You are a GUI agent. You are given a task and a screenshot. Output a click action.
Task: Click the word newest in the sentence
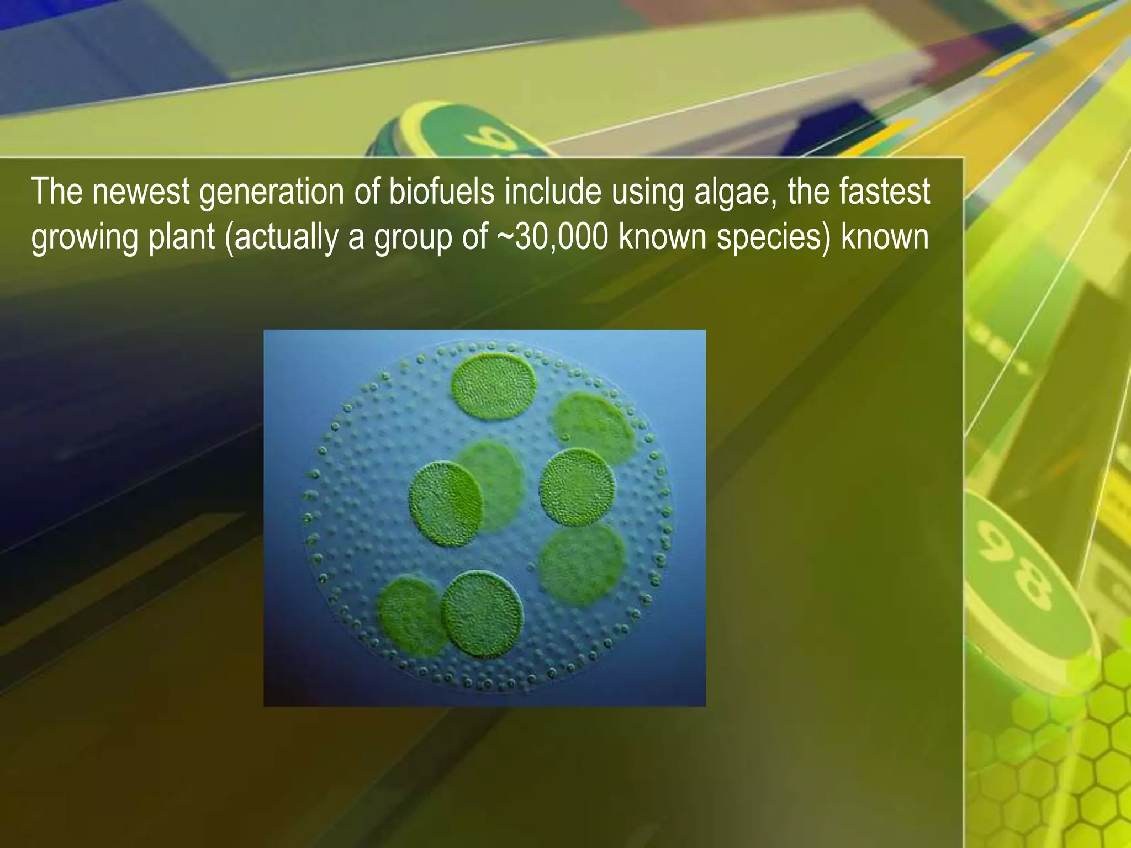pyautogui.click(x=140, y=192)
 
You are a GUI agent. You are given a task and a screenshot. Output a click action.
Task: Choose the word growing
pyautogui.click(x=83, y=238)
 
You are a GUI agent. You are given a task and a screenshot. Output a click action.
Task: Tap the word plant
pyautogui.click(x=182, y=238)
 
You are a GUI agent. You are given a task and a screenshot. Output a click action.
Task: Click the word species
pyautogui.click(x=770, y=238)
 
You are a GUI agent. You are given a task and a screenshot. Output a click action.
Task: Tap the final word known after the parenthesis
pyautogui.click(x=885, y=237)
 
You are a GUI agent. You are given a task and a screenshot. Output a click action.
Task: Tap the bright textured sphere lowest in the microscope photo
pyautogui.click(x=482, y=614)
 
